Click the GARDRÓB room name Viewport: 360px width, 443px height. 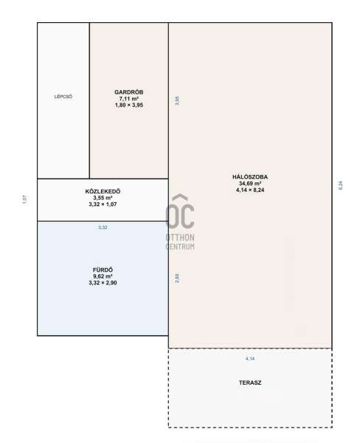(129, 92)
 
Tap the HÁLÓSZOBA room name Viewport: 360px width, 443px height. (250, 177)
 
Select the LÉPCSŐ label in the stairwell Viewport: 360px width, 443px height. (63, 97)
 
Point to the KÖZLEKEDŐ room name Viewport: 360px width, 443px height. (103, 191)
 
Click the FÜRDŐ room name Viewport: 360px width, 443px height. (103, 269)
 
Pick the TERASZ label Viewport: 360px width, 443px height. (250, 382)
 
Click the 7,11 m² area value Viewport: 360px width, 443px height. (129, 99)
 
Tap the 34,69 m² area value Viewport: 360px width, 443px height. (250, 183)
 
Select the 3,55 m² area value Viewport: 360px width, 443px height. (103, 198)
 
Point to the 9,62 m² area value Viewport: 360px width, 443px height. (103, 276)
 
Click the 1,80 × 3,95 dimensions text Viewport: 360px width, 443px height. (129, 105)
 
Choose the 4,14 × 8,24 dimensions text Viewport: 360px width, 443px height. (250, 190)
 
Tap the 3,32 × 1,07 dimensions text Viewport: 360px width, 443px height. (103, 205)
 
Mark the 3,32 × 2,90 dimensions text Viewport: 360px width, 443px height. (103, 283)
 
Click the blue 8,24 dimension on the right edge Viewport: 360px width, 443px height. (341, 185)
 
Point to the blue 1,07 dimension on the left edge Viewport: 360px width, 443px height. (24, 199)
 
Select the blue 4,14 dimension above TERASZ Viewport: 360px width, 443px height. (250, 359)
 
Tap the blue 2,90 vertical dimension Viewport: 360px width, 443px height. (177, 278)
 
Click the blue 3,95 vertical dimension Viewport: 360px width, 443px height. (177, 100)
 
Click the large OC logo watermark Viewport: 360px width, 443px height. (180, 211)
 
